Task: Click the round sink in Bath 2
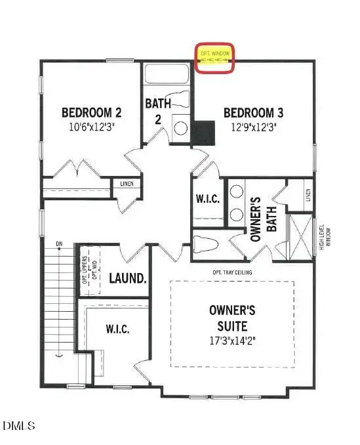179,128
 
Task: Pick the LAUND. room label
127,278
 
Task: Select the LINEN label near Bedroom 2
126,184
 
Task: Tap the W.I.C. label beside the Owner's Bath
207,199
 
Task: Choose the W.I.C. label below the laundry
117,328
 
